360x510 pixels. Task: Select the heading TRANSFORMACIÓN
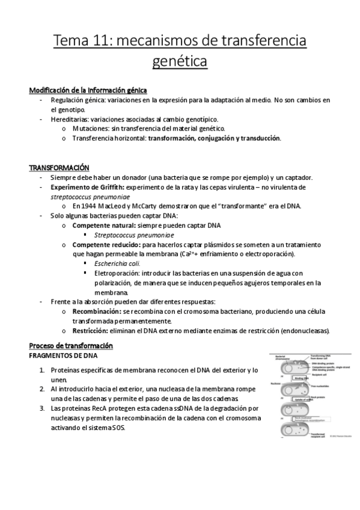pos(59,167)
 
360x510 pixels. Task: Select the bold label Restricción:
pos(90,331)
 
